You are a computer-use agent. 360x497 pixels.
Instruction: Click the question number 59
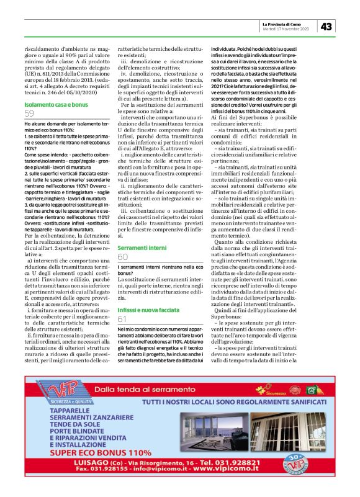coord(30,114)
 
